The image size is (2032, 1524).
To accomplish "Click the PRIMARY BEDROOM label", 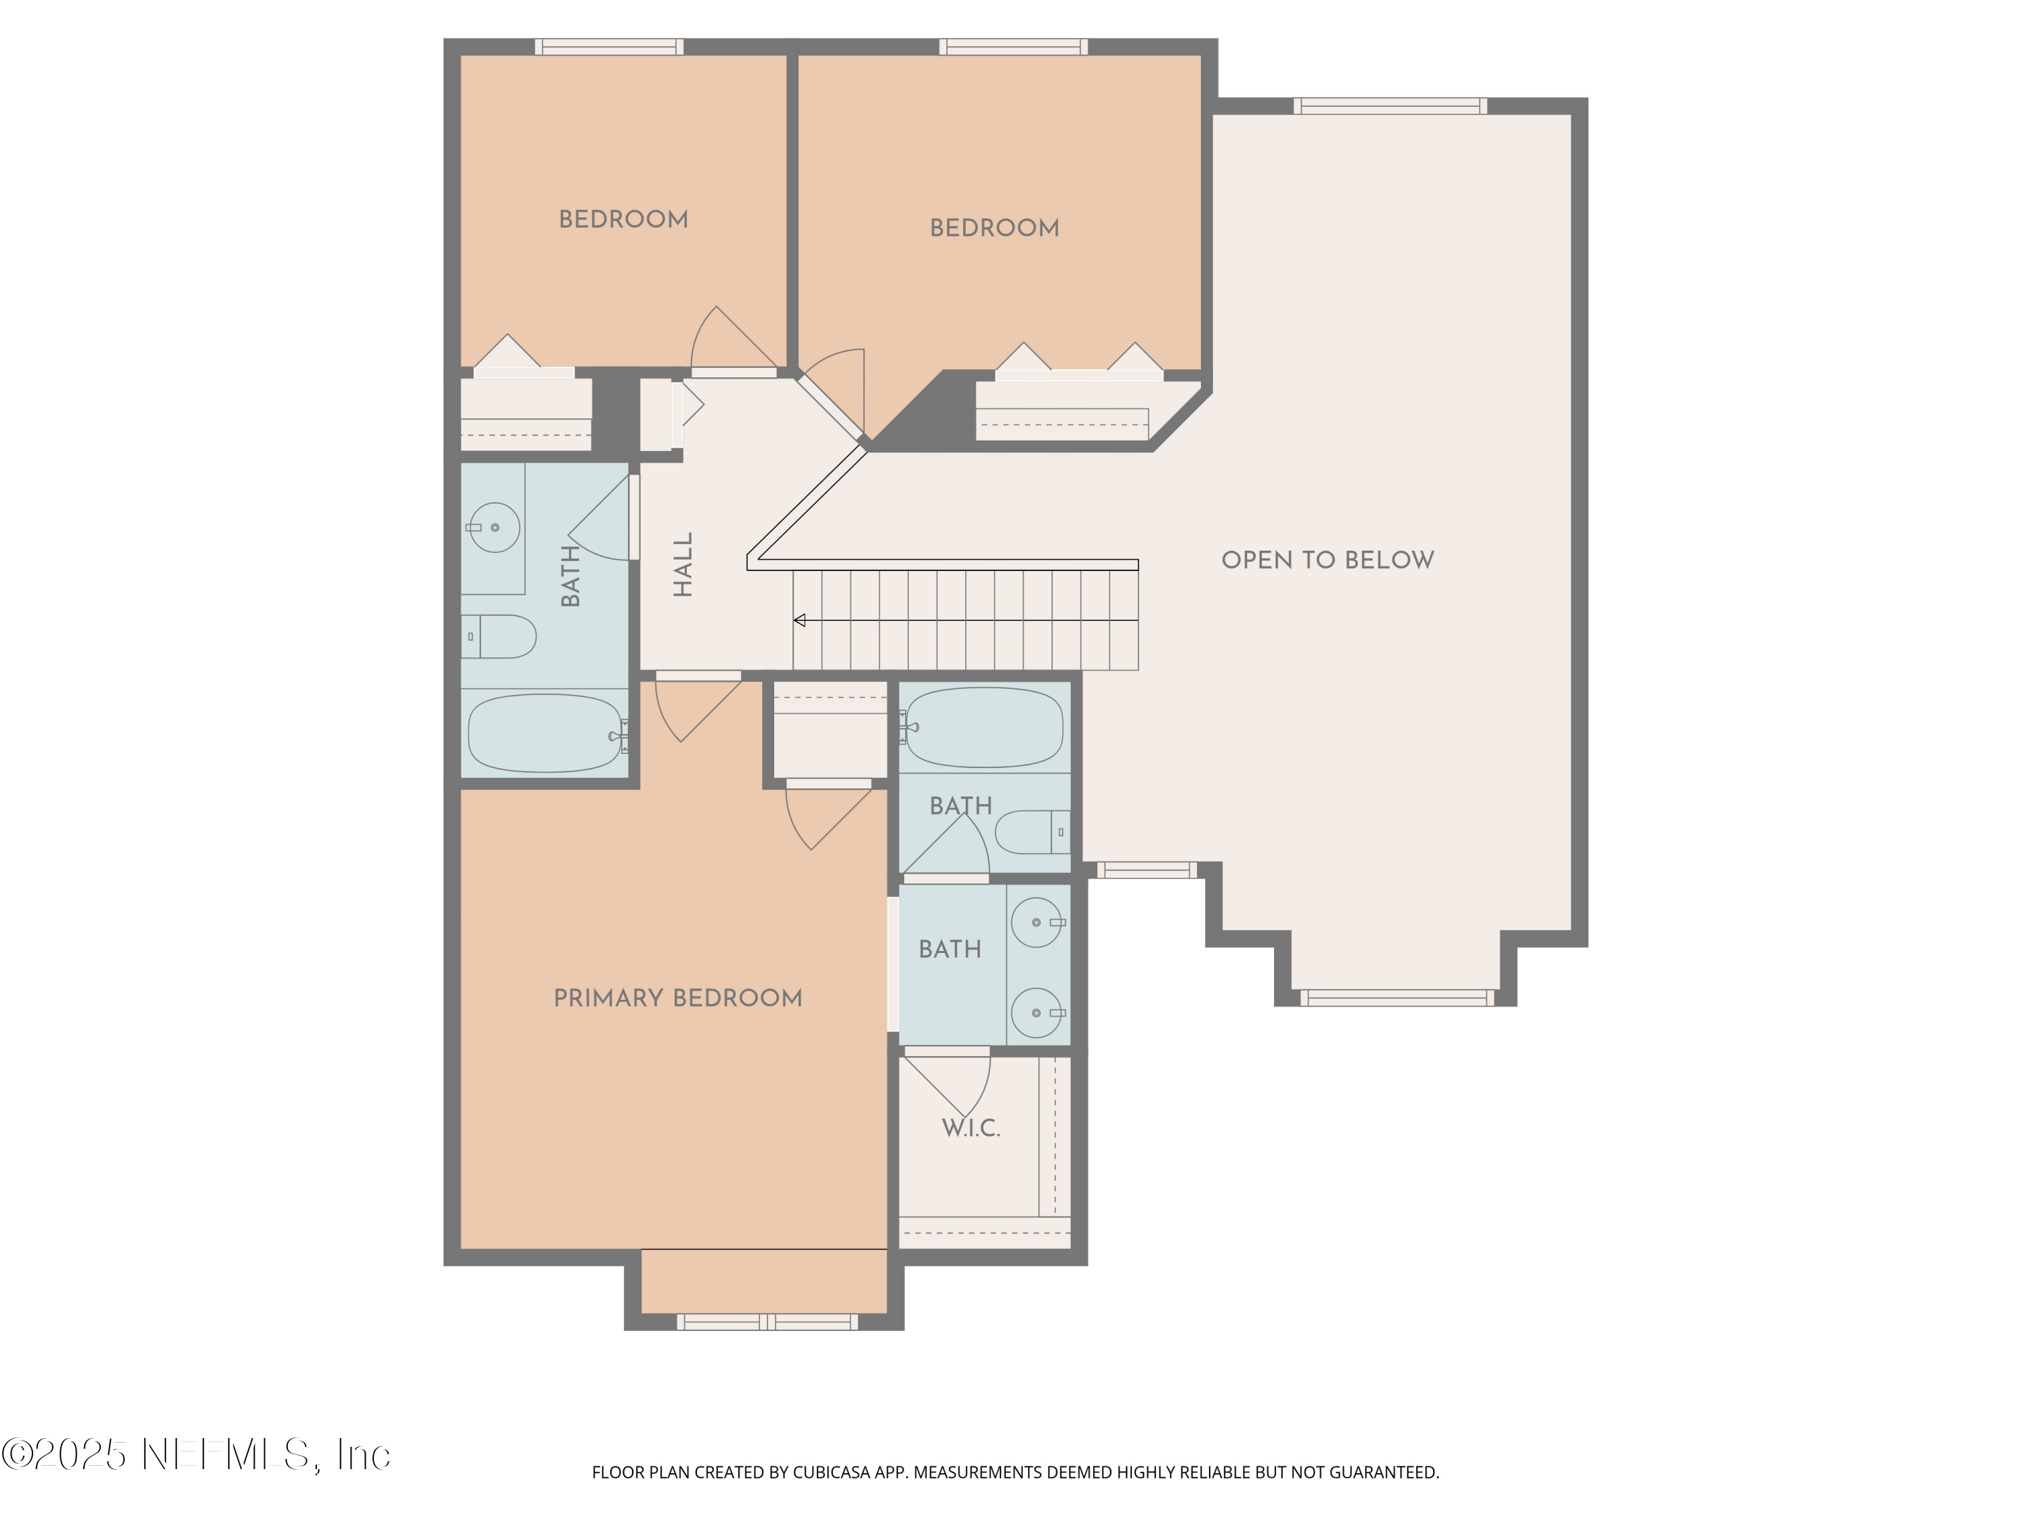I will click(677, 998).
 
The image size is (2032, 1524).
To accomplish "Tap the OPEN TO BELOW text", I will click(1326, 559).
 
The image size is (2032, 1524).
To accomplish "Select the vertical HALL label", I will click(683, 564).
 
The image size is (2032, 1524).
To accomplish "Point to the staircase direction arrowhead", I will click(799, 621).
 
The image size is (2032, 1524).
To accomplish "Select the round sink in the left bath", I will click(494, 527).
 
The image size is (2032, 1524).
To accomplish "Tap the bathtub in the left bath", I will click(546, 733).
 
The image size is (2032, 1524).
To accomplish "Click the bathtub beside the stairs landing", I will click(985, 727).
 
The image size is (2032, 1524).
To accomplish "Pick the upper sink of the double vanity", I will click(1036, 923).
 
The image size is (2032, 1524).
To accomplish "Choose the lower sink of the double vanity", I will click(1036, 1013).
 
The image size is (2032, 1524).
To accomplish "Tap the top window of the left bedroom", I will click(609, 47).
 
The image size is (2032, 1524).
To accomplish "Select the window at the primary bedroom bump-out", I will click(767, 1322).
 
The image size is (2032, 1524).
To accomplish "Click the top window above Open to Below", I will click(1390, 106).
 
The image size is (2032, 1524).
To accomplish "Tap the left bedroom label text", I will click(623, 219).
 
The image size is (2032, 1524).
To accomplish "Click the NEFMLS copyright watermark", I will click(196, 1454).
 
